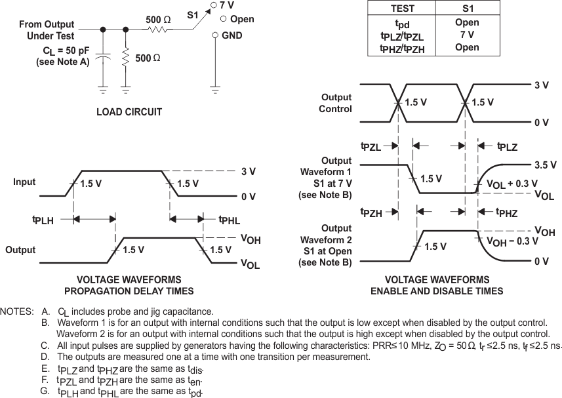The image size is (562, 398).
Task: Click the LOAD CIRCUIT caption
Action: pos(129,112)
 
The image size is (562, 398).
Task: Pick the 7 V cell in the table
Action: pos(466,35)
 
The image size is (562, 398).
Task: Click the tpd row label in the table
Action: pos(402,24)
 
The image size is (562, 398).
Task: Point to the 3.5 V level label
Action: pos(546,165)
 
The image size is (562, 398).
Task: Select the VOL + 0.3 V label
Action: pos(512,184)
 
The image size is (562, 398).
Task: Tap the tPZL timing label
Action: pos(371,147)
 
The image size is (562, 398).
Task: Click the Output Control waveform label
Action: pos(336,103)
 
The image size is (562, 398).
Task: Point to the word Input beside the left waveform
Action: pos(24,182)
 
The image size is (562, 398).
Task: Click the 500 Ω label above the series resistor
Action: pos(158,20)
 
